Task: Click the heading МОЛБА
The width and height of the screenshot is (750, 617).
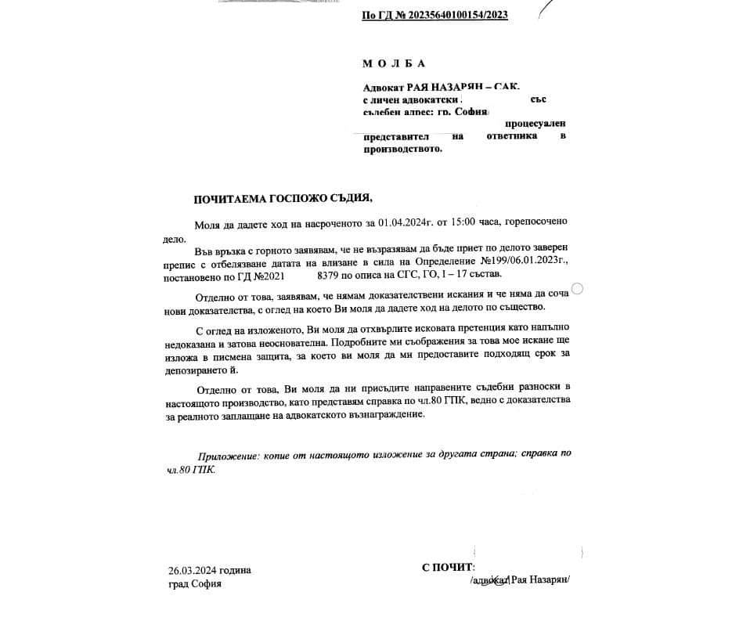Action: pyautogui.click(x=395, y=63)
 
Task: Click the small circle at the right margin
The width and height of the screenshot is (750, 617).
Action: pyautogui.click(x=578, y=289)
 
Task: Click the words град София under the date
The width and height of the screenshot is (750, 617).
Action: pyautogui.click(x=194, y=584)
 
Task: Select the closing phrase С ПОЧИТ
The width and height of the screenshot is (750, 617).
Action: pyautogui.click(x=448, y=568)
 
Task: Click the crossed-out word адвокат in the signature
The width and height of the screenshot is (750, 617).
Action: pyautogui.click(x=489, y=580)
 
